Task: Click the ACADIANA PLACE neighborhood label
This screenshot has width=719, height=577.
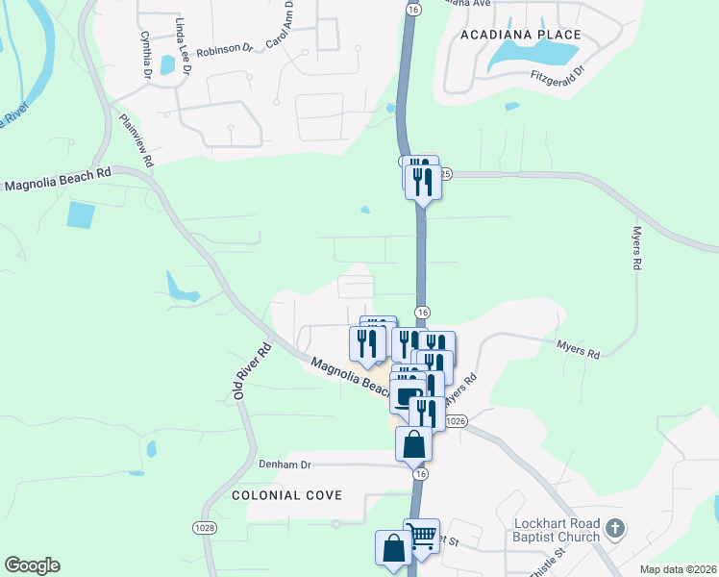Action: [520, 35]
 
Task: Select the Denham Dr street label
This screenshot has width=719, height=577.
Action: [285, 464]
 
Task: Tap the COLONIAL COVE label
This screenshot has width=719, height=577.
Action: [286, 494]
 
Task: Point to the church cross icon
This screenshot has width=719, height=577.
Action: [616, 529]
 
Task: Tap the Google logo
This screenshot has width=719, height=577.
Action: [32, 565]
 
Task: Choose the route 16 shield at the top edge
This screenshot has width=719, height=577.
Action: [412, 8]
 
